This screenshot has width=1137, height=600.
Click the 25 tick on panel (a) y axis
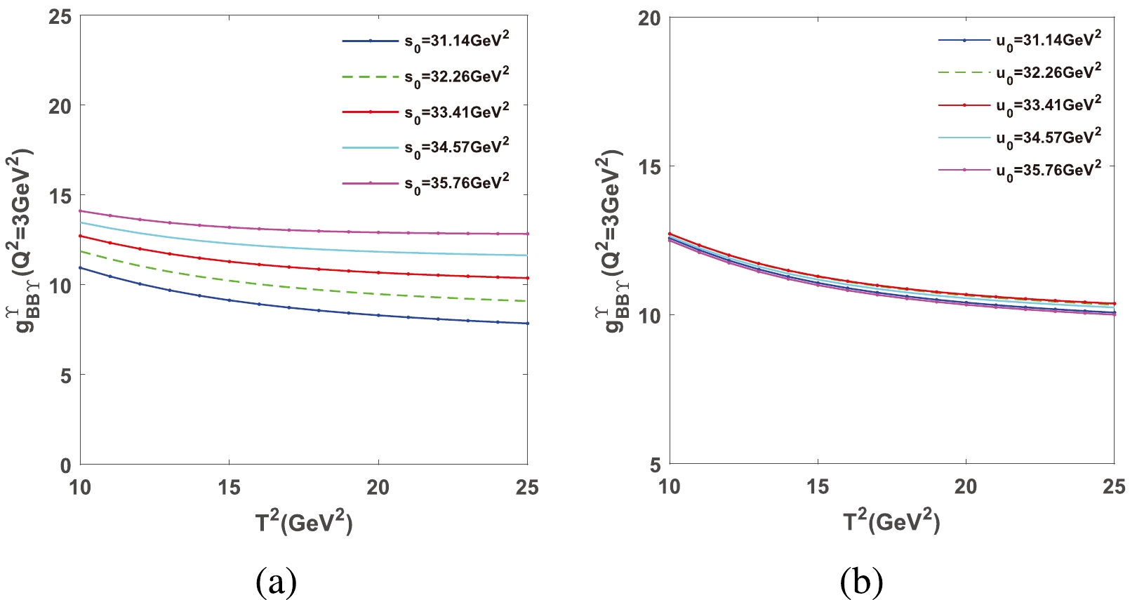click(60, 17)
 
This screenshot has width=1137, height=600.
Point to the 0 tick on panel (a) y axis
click(65, 465)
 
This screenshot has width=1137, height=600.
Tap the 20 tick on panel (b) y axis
click(649, 18)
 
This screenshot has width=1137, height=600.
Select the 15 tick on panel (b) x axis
click(818, 487)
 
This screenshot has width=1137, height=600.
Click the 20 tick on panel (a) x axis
click(378, 488)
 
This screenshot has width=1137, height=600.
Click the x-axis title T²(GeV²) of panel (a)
click(304, 521)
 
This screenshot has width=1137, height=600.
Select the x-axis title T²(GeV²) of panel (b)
click(891, 521)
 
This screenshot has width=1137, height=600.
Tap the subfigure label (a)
click(277, 582)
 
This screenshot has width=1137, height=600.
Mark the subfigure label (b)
click(861, 582)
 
